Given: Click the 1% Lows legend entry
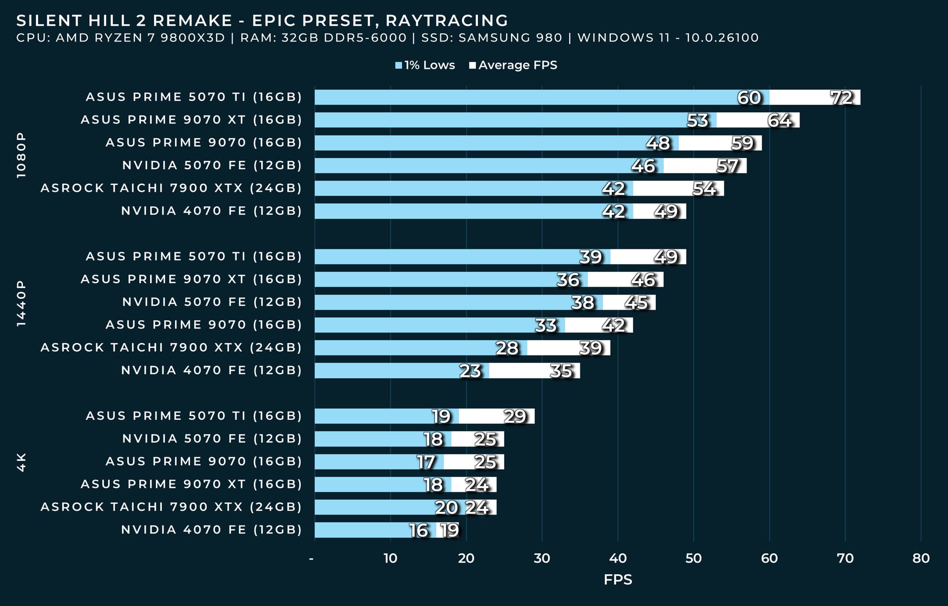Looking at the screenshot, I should pyautogui.click(x=425, y=65).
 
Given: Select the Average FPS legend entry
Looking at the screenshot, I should pyautogui.click(x=513, y=65).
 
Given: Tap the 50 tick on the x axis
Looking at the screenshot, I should pyautogui.click(x=693, y=558).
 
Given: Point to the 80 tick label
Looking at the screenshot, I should pyautogui.click(x=921, y=558).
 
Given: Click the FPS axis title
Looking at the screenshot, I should pyautogui.click(x=618, y=579).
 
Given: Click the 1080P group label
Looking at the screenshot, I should pyautogui.click(x=21, y=155).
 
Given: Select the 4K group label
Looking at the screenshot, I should pyautogui.click(x=21, y=462).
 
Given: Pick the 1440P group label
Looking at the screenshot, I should pyautogui.click(x=21, y=303).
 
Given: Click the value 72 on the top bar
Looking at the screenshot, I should pyautogui.click(x=841, y=98).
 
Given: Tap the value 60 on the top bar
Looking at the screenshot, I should pyautogui.click(x=749, y=98).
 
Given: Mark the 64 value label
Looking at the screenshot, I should pyautogui.click(x=780, y=121).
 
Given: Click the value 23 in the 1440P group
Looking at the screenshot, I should pyautogui.click(x=470, y=371).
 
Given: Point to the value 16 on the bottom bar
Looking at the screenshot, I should pyautogui.click(x=419, y=530).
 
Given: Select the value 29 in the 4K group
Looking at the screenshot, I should pyautogui.click(x=515, y=416).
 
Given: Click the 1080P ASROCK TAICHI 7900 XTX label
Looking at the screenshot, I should pyautogui.click(x=171, y=188).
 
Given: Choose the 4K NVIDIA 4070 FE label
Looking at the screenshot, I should pyautogui.click(x=211, y=530).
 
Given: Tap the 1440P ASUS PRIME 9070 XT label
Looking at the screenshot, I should pyautogui.click(x=191, y=279).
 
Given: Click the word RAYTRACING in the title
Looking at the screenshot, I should pyautogui.click(x=446, y=21).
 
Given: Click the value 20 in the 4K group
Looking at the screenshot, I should pyautogui.click(x=446, y=508).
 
